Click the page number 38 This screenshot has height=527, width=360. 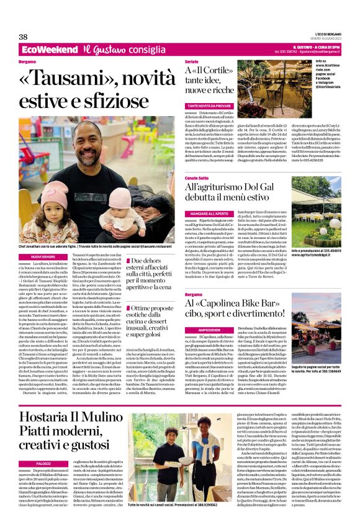(x=23, y=37)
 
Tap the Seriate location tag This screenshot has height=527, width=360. (x=192, y=63)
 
